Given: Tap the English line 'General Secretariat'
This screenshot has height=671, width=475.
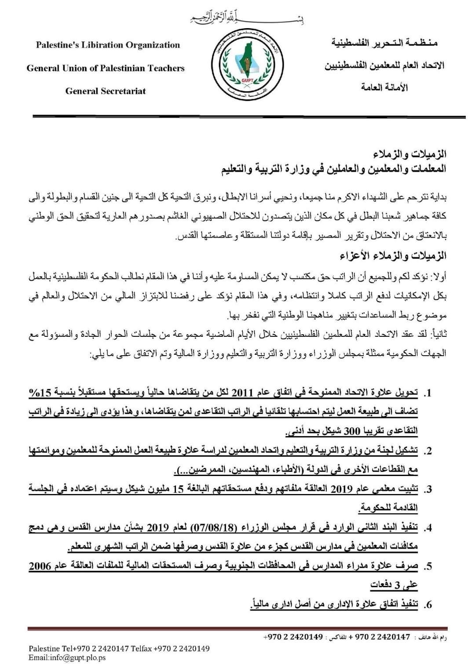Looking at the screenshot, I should (106, 91).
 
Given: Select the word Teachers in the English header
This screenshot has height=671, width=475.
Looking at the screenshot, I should (164, 68).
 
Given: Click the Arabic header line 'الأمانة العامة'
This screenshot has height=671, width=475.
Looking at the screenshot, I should (385, 88).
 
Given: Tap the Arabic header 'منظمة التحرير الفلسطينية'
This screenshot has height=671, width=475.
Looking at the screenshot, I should (384, 43).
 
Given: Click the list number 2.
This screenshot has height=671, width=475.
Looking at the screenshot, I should (426, 451).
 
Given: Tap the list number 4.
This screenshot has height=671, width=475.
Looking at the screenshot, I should (426, 528).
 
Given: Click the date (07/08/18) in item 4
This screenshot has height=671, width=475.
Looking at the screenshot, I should (211, 527).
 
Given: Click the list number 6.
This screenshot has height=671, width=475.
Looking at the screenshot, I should (426, 605).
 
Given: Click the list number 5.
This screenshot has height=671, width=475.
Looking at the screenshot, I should (426, 566).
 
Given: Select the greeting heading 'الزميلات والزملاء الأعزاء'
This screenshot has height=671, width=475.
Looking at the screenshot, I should (393, 256).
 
